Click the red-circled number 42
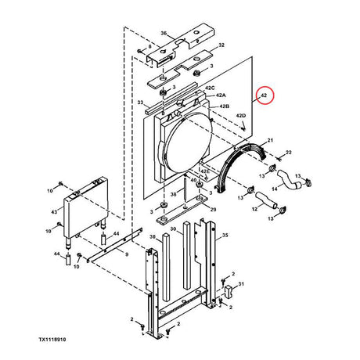point(265,95)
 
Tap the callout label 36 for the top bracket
point(164,34)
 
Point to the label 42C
point(210,88)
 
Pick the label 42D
point(242,117)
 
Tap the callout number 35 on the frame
point(225,234)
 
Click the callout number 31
point(242,284)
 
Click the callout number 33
point(139,103)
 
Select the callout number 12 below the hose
point(255,210)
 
